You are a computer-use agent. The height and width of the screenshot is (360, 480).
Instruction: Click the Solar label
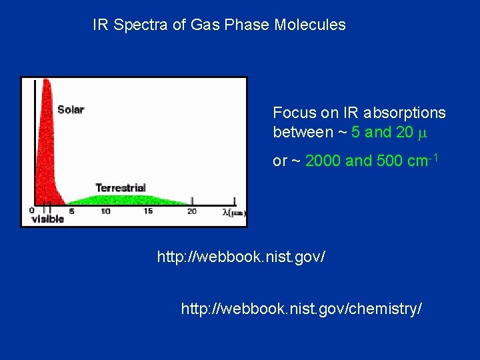pos(71,109)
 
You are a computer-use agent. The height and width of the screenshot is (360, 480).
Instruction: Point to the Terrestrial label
pos(120,187)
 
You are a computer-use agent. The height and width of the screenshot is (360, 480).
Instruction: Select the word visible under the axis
pos(48,219)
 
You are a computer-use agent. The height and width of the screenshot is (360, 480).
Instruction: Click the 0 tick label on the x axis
pos(31,211)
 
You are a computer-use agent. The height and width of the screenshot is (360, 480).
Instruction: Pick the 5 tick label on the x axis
pos(71,211)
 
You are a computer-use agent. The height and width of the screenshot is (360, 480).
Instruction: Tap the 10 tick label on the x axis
pos(105,211)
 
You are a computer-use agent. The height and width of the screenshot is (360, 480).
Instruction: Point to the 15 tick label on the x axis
pos(148,211)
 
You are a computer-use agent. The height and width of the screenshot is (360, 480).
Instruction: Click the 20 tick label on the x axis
pos(191,211)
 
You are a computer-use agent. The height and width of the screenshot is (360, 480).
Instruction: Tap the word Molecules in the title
pos(313,25)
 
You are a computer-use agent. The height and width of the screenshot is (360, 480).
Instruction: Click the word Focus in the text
pos(291,113)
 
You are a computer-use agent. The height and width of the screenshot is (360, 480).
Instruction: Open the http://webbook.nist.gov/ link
pos(241,256)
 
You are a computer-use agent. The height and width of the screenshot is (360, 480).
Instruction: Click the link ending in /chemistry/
pos(301,309)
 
